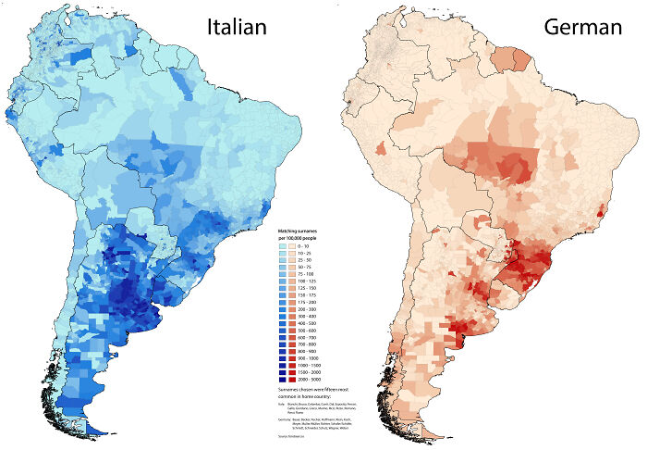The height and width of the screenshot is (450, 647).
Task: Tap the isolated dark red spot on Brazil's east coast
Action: [x=602, y=212]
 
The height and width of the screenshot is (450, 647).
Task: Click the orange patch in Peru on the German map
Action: [x=379, y=148]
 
